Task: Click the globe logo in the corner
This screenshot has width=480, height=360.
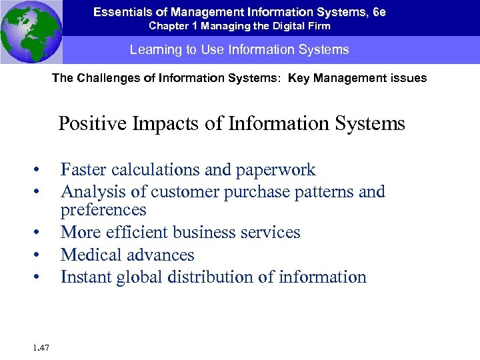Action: (x=31, y=31)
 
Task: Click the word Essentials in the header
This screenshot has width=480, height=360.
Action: (x=120, y=12)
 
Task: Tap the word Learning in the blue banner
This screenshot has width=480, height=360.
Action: (x=153, y=50)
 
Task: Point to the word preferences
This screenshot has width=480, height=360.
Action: (x=103, y=210)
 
